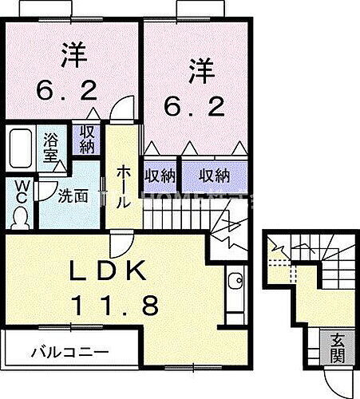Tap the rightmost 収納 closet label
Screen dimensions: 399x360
214,174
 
